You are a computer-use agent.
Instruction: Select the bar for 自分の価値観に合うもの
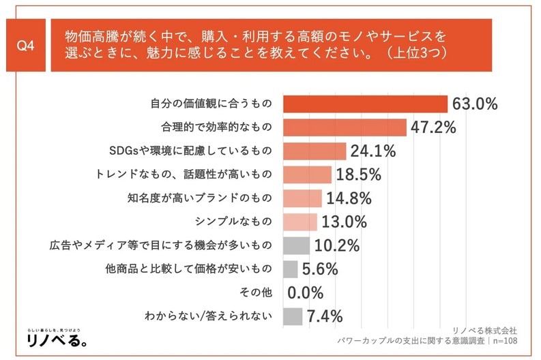(x=364, y=104)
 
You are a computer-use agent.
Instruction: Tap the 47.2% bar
(x=344, y=127)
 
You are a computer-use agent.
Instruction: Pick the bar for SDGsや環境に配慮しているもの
(x=314, y=151)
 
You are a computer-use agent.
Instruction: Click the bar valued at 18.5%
(x=306, y=175)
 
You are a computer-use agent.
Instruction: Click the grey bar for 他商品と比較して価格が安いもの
(x=289, y=269)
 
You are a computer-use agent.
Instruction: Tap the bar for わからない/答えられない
(x=291, y=316)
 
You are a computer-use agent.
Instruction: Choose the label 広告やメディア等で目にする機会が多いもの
(x=162, y=245)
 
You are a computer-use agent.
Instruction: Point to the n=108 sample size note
(x=504, y=340)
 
